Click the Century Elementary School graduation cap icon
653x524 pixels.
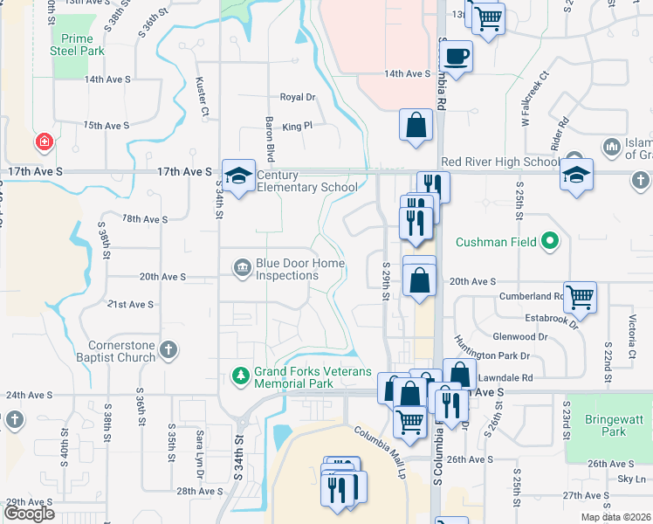[x=238, y=176]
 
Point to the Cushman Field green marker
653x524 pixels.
[x=549, y=241]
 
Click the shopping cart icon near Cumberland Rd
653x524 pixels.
[x=580, y=299]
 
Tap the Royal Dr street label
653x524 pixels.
[x=297, y=98]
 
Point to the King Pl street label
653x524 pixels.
[x=297, y=127]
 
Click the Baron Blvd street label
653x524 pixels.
[x=271, y=140]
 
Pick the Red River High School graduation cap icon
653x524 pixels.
[x=576, y=176]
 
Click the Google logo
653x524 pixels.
[x=30, y=513]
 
